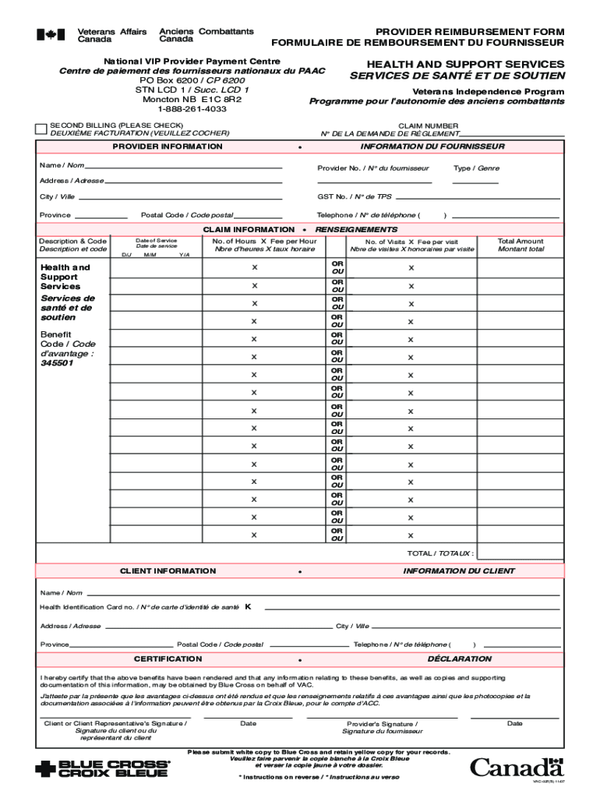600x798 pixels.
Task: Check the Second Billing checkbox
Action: click(x=41, y=129)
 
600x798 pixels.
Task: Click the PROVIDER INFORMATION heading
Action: click(x=168, y=147)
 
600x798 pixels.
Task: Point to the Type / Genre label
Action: click(x=476, y=168)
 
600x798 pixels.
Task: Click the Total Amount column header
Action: click(x=521, y=245)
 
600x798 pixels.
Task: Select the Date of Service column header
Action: click(x=156, y=243)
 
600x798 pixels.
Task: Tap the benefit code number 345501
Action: click(x=57, y=362)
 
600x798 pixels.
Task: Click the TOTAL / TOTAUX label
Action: click(x=440, y=553)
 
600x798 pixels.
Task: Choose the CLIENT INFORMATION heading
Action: click(x=168, y=571)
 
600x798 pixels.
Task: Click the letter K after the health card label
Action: click(x=248, y=606)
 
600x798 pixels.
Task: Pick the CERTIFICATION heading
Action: click(x=168, y=659)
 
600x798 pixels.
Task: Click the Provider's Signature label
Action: click(x=381, y=727)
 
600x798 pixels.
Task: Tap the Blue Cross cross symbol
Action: click(x=46, y=768)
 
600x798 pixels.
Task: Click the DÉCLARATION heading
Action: click(x=459, y=659)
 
